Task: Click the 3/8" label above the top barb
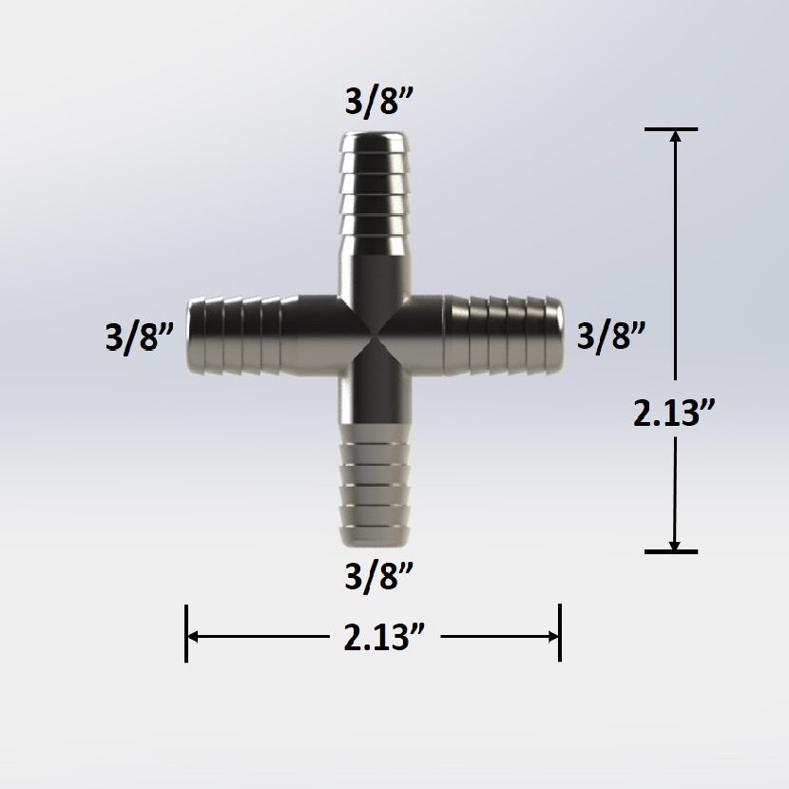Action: (374, 102)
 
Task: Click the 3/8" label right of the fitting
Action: (612, 336)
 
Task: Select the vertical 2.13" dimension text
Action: (675, 414)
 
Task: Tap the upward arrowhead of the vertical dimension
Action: (675, 136)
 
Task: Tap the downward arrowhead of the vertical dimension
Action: (675, 544)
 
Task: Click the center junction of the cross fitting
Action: (374, 337)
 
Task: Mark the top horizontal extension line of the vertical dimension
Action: (670, 128)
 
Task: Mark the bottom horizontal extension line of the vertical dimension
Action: (670, 551)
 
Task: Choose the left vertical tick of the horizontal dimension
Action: (186, 634)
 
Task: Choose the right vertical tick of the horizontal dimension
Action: (559, 634)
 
